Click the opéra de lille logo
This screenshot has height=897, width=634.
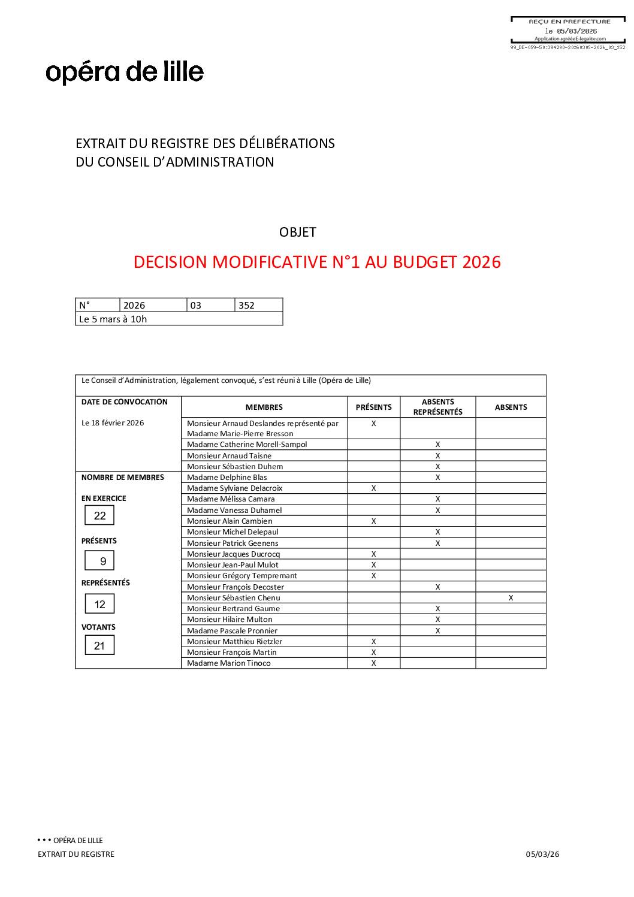tap(125, 73)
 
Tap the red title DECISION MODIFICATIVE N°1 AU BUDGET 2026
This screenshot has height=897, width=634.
tap(317, 262)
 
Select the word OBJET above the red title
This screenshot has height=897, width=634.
tap(297, 232)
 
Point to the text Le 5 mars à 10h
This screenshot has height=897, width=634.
tap(113, 319)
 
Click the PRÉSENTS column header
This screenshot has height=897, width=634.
tap(373, 407)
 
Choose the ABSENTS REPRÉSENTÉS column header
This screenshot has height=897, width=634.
tap(437, 407)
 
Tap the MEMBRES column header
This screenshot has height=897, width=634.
tap(264, 407)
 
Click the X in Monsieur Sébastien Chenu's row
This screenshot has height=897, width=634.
tap(511, 598)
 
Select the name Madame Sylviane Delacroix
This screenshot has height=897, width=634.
tap(234, 488)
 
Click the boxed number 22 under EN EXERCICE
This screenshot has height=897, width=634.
tap(99, 516)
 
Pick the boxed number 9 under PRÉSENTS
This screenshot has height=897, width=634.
tap(103, 561)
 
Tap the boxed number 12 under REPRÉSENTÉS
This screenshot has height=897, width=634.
tap(99, 605)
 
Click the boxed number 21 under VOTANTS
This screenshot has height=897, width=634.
tap(99, 646)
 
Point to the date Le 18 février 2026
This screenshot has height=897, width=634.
tap(113, 423)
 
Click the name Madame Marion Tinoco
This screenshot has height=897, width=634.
tap(228, 663)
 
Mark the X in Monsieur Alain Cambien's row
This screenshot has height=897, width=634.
tap(373, 521)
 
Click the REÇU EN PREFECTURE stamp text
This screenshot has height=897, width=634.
tap(569, 22)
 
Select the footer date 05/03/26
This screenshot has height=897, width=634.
tap(542, 854)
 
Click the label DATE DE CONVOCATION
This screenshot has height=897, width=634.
tap(125, 402)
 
